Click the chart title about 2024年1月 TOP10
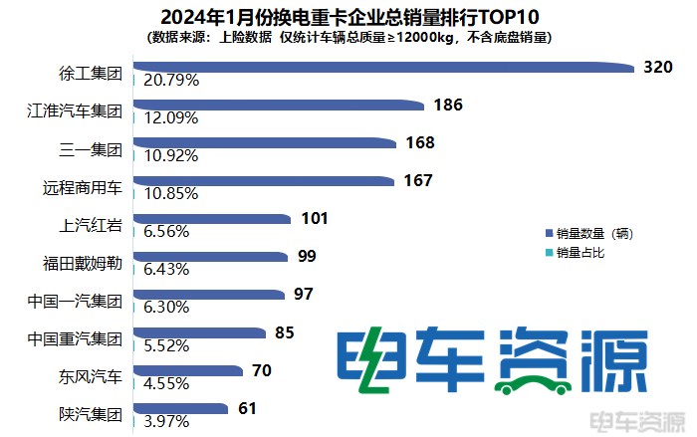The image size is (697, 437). coord(348,15)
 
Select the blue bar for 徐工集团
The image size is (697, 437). coord(383,67)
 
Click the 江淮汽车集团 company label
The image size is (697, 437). coord(75,111)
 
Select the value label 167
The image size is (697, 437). coord(419,180)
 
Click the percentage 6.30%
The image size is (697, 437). coord(168,308)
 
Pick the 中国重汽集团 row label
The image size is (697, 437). coord(75,339)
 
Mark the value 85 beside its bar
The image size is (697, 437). coord(284,332)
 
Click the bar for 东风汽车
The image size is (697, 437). coord(188,371)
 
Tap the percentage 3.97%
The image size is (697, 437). coord(168,422)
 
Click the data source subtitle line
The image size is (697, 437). coord(348,37)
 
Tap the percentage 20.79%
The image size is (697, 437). coord(172,79)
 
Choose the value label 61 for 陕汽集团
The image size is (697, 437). coord(248,408)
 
